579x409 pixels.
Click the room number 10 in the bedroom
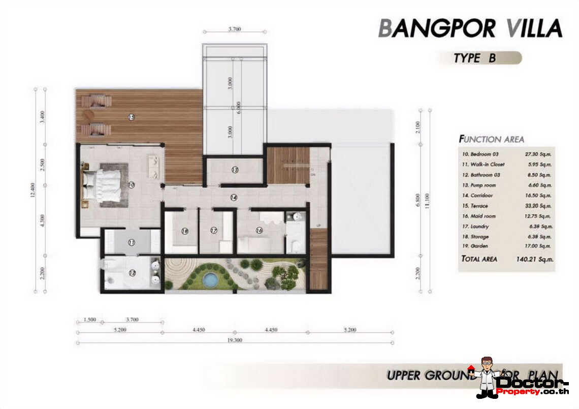click(131, 185)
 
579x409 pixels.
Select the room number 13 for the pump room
click(235, 170)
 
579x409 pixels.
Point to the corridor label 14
click(234, 197)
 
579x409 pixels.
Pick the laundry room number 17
click(214, 231)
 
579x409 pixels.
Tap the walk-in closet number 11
click(131, 243)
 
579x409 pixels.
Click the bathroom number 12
click(133, 273)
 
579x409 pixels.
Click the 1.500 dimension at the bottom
click(89, 320)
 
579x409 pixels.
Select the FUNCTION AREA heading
click(491, 139)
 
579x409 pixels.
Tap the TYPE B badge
click(475, 58)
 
